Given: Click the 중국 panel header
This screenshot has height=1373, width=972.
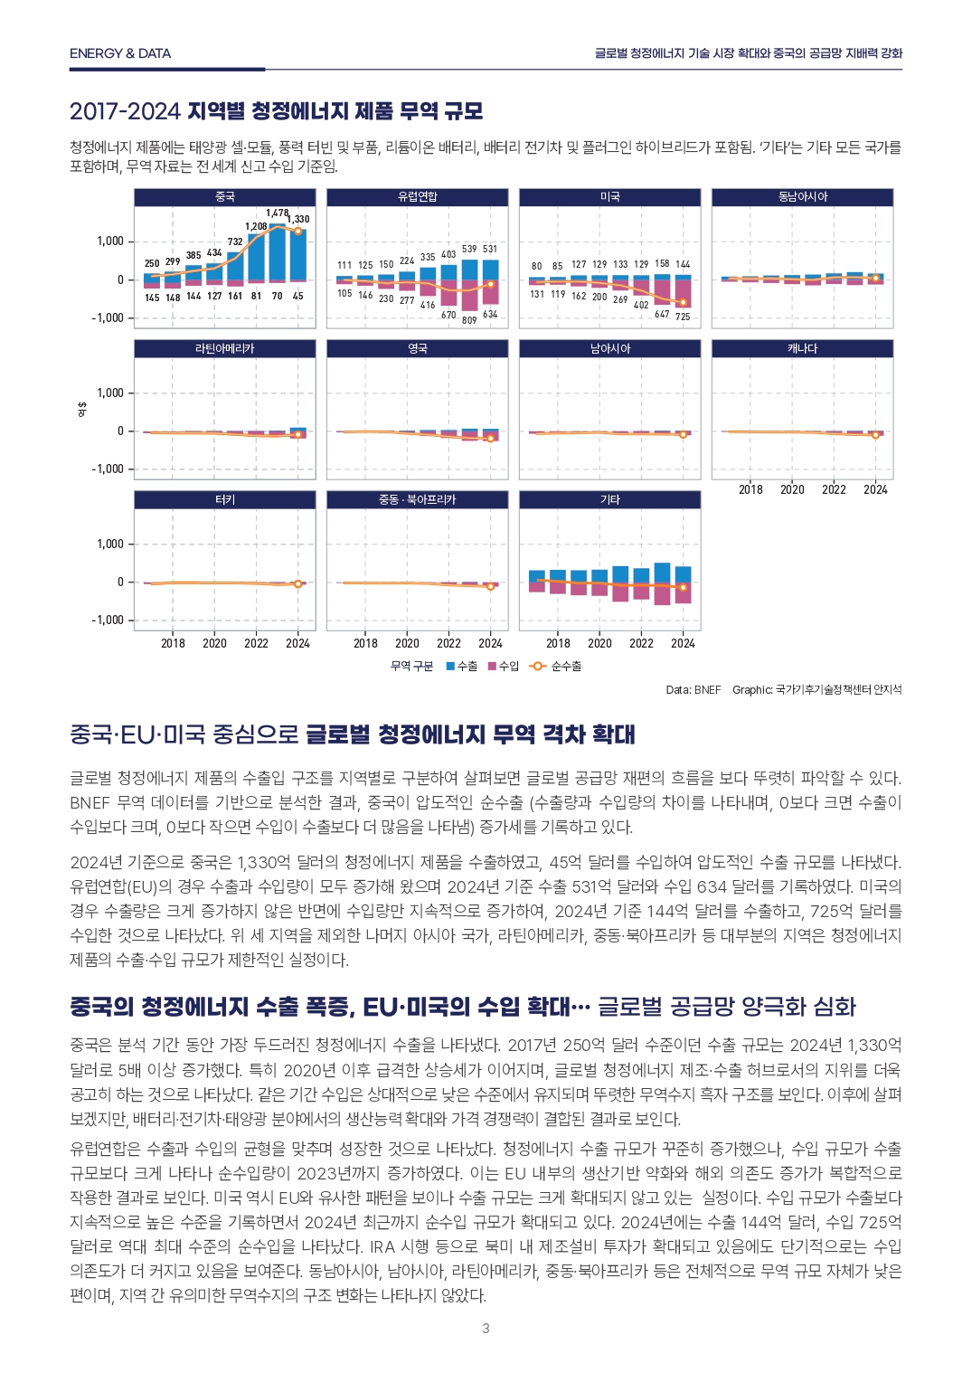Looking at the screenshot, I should [x=225, y=197].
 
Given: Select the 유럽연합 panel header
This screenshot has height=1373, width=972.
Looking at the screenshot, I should [x=418, y=197].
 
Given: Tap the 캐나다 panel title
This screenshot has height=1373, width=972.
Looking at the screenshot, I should [x=802, y=348].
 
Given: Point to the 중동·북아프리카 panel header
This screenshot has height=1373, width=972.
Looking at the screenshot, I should [x=418, y=499].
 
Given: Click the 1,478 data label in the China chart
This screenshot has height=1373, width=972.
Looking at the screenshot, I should [x=277, y=213].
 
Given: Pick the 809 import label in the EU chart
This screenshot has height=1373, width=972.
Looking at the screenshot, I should [x=469, y=320].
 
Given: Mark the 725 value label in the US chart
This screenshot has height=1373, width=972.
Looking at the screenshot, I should [x=683, y=317].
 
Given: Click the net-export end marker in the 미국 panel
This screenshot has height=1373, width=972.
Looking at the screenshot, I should [x=683, y=302].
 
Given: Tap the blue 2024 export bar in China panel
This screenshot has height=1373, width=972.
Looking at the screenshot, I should [x=298, y=254].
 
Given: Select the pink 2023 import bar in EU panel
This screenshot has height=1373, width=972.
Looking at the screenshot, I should [x=469, y=296].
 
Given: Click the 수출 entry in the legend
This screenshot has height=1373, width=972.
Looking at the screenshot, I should [x=462, y=667].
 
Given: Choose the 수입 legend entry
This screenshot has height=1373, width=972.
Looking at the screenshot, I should [x=504, y=667].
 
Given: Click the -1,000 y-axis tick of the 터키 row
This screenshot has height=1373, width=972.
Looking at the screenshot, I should [x=108, y=620].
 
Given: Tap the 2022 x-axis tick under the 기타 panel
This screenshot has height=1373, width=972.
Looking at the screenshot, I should [x=641, y=644].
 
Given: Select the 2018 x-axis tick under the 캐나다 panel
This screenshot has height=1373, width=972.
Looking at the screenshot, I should [x=750, y=490].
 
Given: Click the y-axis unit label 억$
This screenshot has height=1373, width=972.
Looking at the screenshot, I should [x=82, y=409].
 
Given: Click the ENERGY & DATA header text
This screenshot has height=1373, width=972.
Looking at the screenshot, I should [x=120, y=53].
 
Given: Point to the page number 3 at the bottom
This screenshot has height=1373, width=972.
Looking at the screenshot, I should [x=486, y=1329].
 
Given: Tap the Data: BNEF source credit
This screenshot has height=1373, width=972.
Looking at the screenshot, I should [x=694, y=690].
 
